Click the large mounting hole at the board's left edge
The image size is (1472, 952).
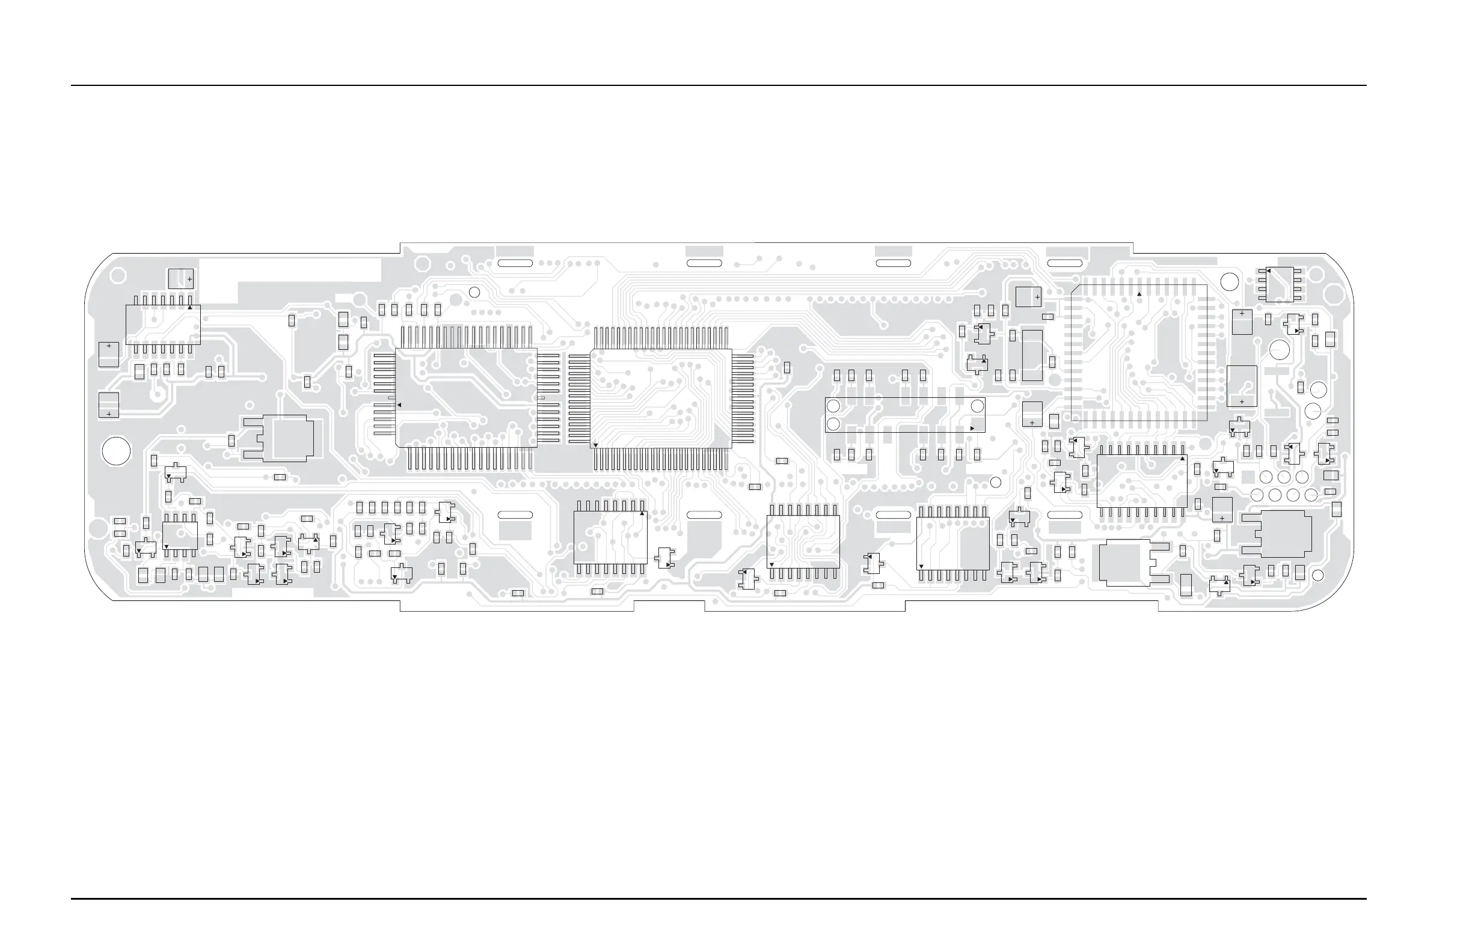tap(115, 451)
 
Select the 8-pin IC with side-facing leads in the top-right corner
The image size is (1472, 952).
tap(1279, 284)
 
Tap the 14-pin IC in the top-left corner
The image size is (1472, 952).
tap(163, 325)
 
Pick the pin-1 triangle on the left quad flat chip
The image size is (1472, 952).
tap(399, 405)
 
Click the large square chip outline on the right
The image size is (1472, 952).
tap(1139, 352)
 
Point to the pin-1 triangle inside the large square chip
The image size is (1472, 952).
tap(1139, 294)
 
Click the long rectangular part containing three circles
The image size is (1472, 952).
tap(904, 415)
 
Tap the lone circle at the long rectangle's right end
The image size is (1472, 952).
tap(977, 406)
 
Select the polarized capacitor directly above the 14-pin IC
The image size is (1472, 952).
tap(180, 278)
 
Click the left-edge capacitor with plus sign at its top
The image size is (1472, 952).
tap(109, 355)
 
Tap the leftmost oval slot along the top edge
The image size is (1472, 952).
tap(515, 263)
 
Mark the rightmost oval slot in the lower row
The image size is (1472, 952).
tap(1064, 515)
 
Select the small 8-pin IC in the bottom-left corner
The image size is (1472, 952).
tap(180, 535)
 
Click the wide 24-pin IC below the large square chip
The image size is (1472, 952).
tap(1141, 481)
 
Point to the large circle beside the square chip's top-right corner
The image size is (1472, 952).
tap(1230, 281)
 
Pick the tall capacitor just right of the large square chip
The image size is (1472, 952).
tap(1241, 386)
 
